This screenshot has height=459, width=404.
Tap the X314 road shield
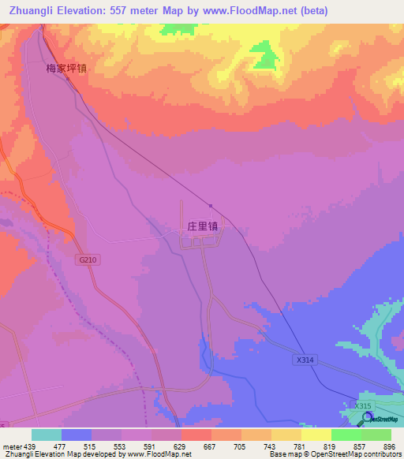(x=305, y=360)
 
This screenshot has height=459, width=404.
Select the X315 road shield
(x=362, y=405)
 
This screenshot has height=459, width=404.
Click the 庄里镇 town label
(x=202, y=226)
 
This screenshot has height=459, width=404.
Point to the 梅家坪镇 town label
(x=66, y=69)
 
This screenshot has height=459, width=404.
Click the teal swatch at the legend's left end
(x=47, y=435)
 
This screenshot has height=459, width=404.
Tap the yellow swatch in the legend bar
(x=316, y=435)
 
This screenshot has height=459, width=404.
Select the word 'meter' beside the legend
(x=11, y=446)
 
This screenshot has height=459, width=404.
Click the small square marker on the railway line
(x=210, y=206)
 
